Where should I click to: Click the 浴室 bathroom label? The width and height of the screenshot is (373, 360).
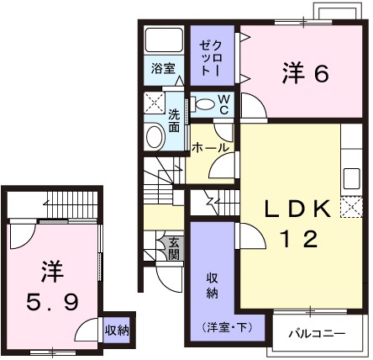163,69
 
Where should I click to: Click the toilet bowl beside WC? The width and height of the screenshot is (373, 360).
204,104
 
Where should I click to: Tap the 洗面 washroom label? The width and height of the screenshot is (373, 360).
174,119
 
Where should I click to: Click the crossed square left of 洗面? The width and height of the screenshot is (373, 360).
155,106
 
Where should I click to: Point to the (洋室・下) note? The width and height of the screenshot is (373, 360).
212,326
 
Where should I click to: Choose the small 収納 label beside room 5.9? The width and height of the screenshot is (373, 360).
117,331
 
